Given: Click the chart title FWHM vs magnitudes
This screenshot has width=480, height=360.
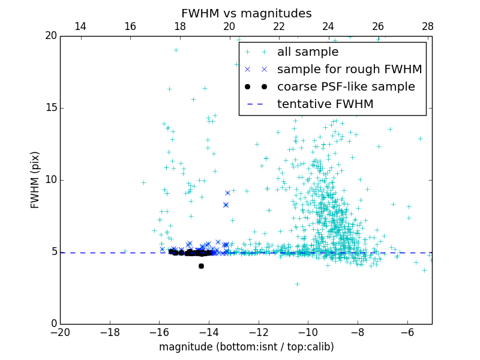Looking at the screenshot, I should point(246,13).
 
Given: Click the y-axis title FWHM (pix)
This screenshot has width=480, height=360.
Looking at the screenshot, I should point(35,180).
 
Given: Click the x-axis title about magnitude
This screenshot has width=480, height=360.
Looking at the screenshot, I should point(246,347).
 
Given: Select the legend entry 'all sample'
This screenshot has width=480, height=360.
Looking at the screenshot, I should point(307,52).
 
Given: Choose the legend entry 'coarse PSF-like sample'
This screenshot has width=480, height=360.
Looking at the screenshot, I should point(346,87).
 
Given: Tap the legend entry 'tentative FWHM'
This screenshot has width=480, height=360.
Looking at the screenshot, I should point(325,104).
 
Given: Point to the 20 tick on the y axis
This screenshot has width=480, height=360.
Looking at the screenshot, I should point(50,36).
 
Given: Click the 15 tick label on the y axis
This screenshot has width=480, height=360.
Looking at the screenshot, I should point(50,108).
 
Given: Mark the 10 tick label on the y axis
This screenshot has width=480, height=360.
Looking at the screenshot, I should point(50,180).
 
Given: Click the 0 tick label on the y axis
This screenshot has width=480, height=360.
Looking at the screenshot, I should point(53,324).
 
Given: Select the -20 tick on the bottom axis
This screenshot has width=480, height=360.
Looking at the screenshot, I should point(60,332).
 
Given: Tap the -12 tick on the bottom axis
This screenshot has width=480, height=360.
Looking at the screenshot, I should point(259,332).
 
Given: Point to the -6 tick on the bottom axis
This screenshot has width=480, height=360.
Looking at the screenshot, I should point(407,332).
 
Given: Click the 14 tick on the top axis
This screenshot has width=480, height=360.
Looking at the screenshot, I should point(80,26).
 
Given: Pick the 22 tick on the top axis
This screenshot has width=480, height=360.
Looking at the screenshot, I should point(279,26).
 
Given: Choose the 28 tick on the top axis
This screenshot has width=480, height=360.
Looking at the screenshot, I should point(428,26).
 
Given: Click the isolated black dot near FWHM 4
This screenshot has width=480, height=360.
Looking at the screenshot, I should point(201,266).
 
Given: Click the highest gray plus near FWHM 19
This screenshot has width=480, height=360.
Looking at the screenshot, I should point(176,50).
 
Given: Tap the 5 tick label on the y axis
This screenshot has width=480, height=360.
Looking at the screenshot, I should point(53,252).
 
